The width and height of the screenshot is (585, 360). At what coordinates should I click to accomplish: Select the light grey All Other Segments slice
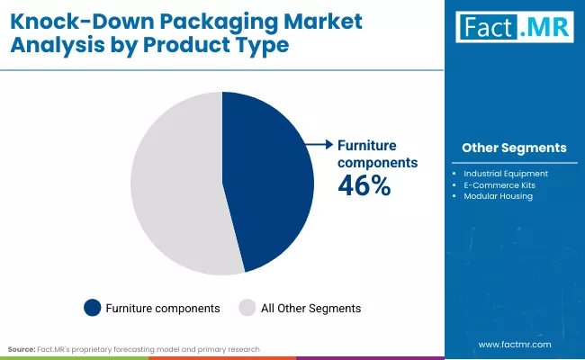tap(175, 184)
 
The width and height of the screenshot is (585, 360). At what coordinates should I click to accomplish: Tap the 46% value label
tap(364, 185)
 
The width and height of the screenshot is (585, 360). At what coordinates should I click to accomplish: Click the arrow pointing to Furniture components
tap(318, 144)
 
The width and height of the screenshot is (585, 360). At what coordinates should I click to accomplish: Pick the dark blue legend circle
tap(92, 308)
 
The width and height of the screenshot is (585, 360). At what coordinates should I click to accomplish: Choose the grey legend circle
tap(247, 308)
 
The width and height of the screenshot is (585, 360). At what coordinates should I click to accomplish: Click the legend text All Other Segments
tap(310, 308)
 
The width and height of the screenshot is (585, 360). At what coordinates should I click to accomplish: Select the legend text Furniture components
tap(164, 308)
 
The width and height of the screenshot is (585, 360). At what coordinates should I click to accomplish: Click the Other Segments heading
tap(514, 148)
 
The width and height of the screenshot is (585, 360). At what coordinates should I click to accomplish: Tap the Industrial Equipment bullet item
tap(507, 173)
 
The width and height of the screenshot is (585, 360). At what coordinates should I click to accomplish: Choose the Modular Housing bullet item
tap(498, 196)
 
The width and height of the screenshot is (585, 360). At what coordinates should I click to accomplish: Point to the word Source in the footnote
tap(22, 348)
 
